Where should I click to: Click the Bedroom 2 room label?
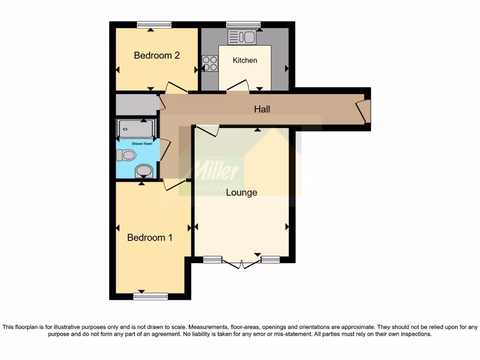tap(157, 55)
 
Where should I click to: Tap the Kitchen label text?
tap(245, 60)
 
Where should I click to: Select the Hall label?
tap(262, 109)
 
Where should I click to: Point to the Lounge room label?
tap(241, 192)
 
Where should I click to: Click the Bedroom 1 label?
tap(150, 238)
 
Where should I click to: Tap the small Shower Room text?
tap(142, 143)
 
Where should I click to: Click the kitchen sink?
tap(241, 37)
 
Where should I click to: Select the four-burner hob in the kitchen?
tap(210, 63)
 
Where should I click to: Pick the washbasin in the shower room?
tap(143, 171)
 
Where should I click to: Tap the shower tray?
tap(135, 128)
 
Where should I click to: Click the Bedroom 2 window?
tap(154, 25)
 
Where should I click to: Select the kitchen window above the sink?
tap(243, 25)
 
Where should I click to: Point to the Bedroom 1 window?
tap(150, 296)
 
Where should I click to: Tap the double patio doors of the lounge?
tap(241, 263)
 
